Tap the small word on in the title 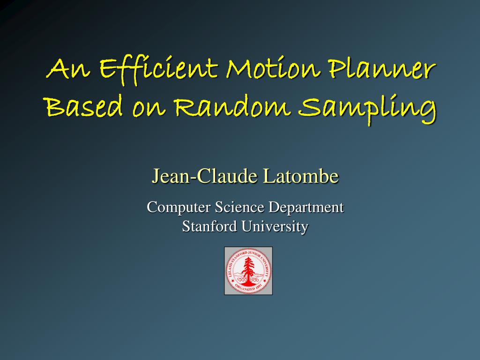pos(149,109)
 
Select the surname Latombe pos(300,177)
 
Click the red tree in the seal pos(248,270)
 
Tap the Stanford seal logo pos(248,271)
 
